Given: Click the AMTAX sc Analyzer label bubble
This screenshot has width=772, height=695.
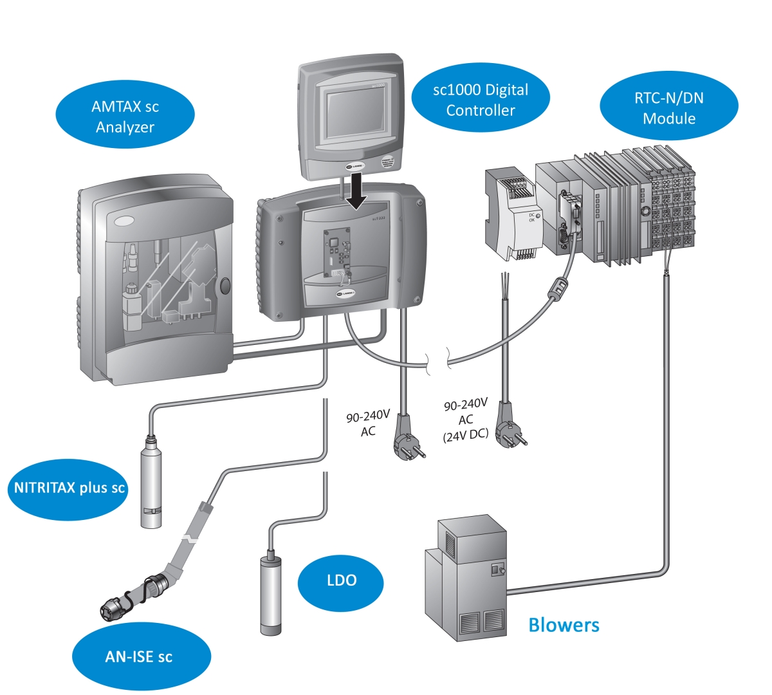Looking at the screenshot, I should coord(125,116).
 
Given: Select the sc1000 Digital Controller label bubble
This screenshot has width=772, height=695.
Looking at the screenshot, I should coord(481,100).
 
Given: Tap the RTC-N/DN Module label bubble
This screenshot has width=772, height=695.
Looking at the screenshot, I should coord(669,108).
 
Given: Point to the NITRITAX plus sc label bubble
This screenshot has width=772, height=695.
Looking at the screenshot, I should coord(69,488).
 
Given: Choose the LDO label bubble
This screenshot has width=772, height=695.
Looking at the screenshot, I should coord(341,580).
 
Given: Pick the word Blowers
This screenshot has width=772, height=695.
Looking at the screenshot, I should coord(564,625).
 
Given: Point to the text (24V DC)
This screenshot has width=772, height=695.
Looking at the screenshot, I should coord(465,434).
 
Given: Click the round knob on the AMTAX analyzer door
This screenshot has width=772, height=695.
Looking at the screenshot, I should coord(224,286).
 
